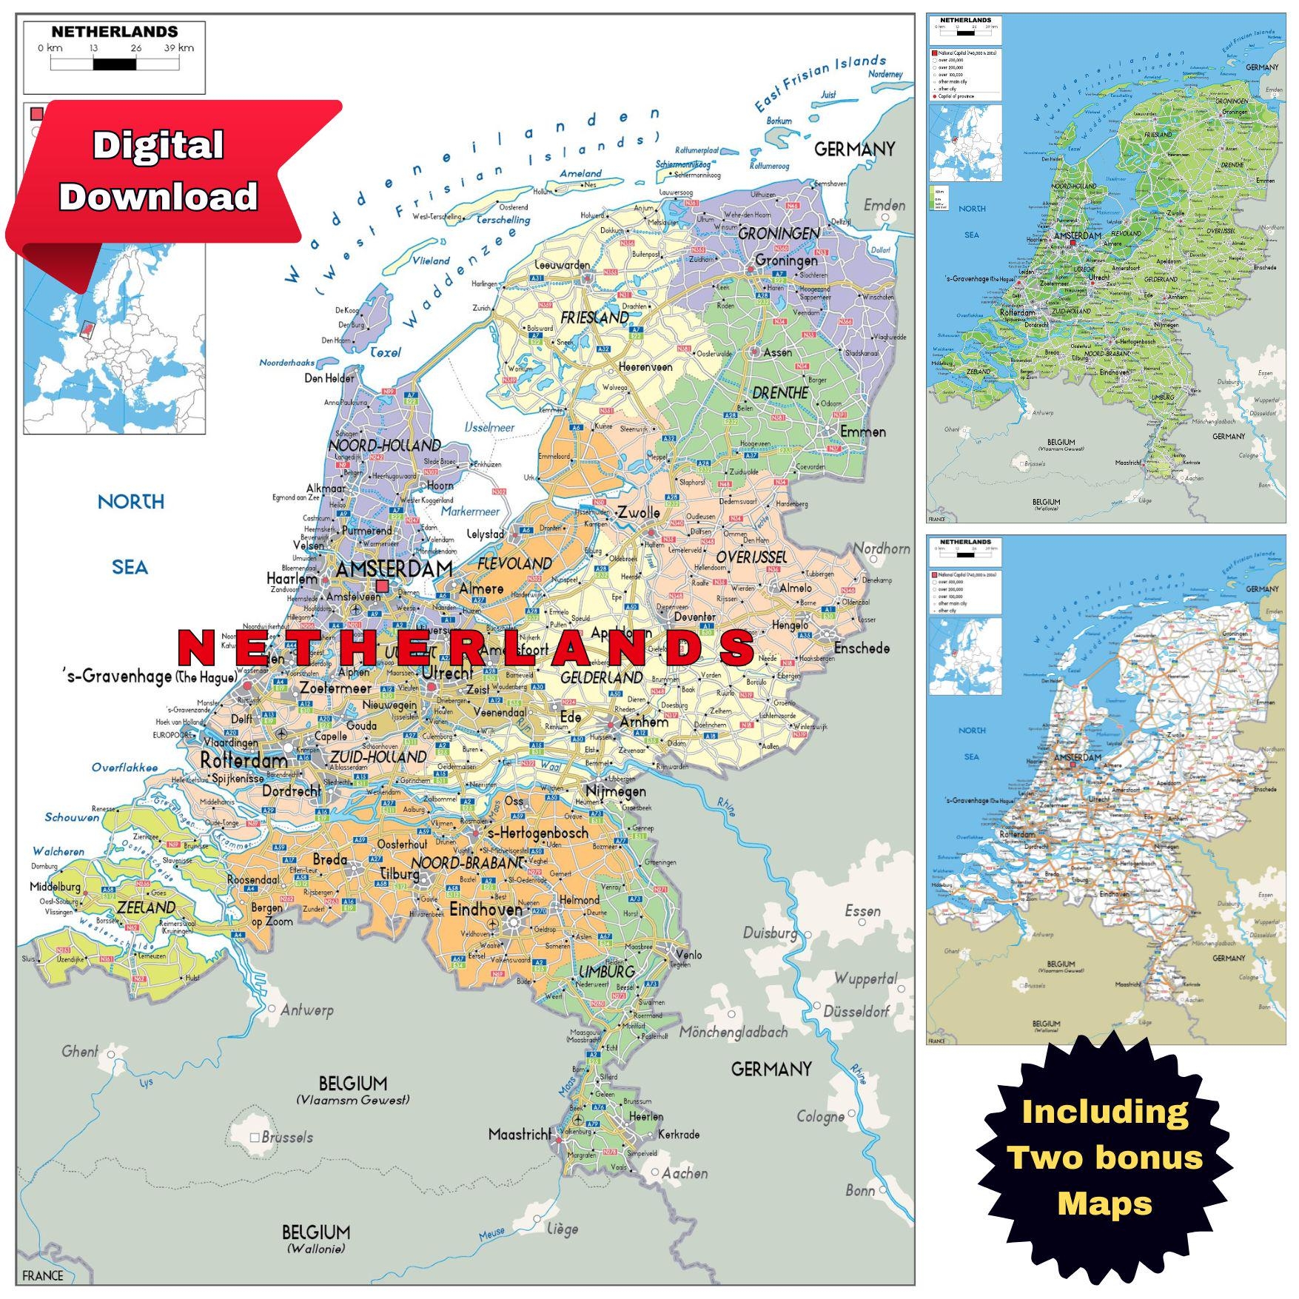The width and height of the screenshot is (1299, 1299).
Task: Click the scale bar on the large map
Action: pyautogui.click(x=114, y=64)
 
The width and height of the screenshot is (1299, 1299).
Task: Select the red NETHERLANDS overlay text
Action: pyautogui.click(x=466, y=648)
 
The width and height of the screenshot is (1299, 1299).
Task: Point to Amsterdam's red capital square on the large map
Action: pyautogui.click(x=382, y=586)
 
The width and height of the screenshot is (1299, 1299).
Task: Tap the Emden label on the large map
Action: pyautogui.click(x=885, y=205)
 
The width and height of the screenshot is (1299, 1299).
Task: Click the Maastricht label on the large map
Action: pyautogui.click(x=520, y=1134)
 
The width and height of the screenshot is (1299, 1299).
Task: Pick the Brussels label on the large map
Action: pyautogui.click(x=287, y=1137)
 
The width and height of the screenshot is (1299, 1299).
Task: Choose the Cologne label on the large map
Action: pyautogui.click(x=820, y=1116)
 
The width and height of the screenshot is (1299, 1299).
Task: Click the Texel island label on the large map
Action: pyautogui.click(x=385, y=353)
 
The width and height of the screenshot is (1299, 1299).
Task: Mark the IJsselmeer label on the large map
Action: pyautogui.click(x=489, y=427)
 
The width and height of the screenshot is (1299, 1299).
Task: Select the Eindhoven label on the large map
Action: pyautogui.click(x=486, y=909)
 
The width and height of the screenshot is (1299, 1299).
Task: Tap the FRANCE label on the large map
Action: pyautogui.click(x=43, y=1275)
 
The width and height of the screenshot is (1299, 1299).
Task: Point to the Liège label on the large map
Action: pyautogui.click(x=563, y=1229)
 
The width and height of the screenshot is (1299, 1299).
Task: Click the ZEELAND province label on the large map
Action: pyautogui.click(x=146, y=907)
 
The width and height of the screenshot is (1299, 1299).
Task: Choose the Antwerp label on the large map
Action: pyautogui.click(x=306, y=1010)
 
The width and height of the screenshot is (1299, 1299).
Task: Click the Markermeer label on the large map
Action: pyautogui.click(x=471, y=511)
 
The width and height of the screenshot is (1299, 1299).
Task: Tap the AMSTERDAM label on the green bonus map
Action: pyautogui.click(x=1078, y=235)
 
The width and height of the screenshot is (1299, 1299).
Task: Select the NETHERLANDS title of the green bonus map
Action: pyautogui.click(x=965, y=21)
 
